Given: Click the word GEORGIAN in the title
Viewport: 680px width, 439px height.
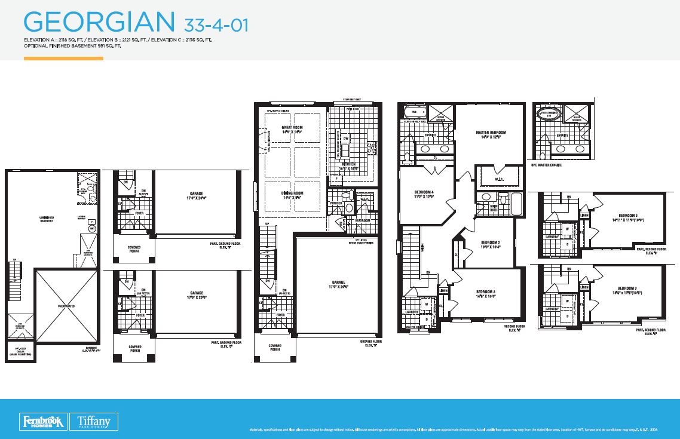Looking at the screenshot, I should click(98, 22).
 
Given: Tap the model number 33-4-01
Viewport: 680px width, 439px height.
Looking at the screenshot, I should click(213, 24).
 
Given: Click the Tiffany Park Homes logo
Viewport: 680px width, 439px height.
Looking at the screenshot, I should click(93, 421).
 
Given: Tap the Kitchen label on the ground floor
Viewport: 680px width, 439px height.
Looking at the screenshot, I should click(349, 164).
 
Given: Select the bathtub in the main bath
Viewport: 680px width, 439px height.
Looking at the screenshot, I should click(516, 204).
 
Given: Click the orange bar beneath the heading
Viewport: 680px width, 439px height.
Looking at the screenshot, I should click(63, 59).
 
